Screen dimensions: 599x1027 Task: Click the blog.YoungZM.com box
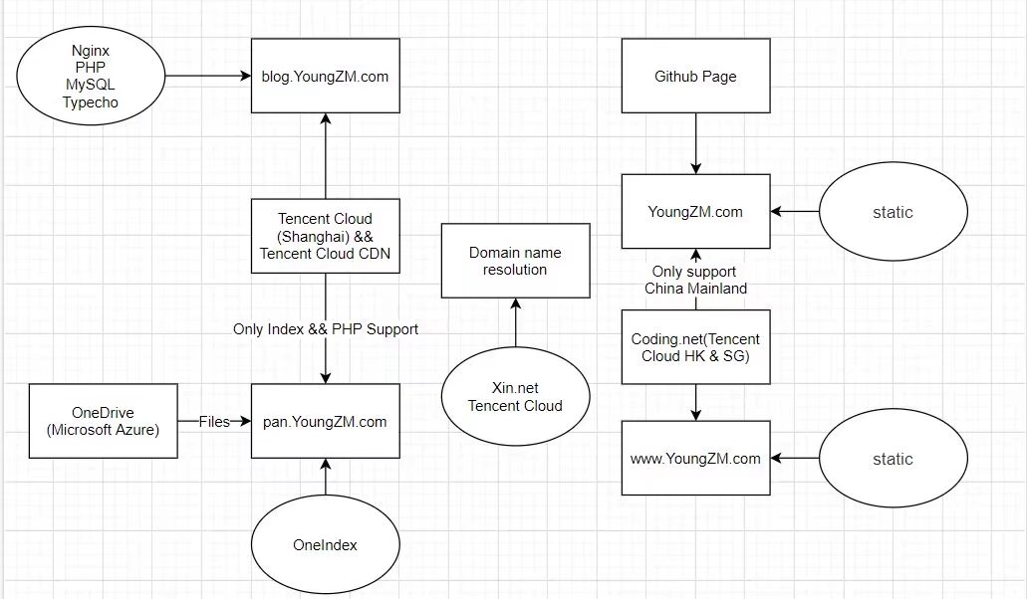(x=326, y=76)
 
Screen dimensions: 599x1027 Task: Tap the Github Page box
(x=695, y=76)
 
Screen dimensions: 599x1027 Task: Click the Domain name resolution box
(x=515, y=260)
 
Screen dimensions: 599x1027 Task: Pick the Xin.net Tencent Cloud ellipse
(x=515, y=396)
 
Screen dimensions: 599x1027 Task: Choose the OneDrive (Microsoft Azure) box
(x=104, y=422)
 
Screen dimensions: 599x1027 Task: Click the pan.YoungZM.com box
(x=326, y=422)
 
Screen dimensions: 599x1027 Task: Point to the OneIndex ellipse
(x=326, y=544)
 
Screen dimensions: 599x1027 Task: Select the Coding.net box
(x=695, y=346)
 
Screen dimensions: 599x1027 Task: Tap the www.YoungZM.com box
(x=695, y=458)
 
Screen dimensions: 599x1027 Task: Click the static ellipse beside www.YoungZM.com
(x=893, y=459)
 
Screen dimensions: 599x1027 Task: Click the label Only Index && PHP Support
(x=326, y=328)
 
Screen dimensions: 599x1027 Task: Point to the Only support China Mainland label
(x=695, y=280)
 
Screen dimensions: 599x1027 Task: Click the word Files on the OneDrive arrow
(x=213, y=422)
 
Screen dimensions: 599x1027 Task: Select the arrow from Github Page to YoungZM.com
(x=695, y=142)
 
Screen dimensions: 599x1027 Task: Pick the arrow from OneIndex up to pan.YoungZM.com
(x=326, y=478)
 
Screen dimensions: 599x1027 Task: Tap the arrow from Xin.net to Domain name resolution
(x=515, y=326)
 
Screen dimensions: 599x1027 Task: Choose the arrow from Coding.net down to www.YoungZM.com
(x=695, y=402)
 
